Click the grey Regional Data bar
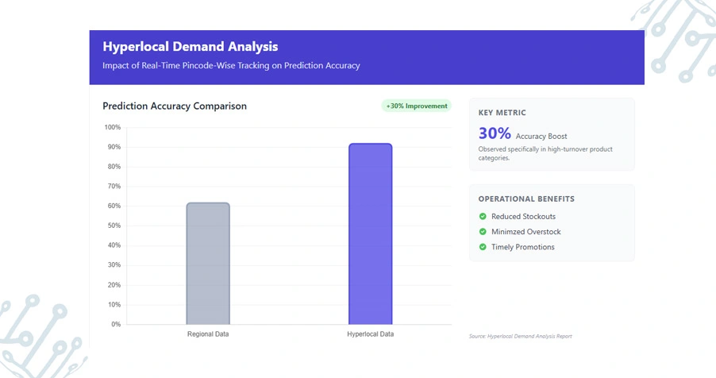(208, 264)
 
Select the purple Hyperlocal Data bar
(370, 234)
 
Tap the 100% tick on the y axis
(112, 128)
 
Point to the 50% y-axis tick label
(114, 226)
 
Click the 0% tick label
(115, 325)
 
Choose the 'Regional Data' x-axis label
(208, 334)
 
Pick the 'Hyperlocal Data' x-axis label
(370, 334)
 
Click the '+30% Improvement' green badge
(416, 106)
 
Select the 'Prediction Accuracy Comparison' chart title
(175, 106)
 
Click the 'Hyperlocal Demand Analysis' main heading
(191, 47)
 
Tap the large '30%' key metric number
(495, 133)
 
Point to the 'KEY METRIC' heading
(502, 113)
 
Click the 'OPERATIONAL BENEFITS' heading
(526, 199)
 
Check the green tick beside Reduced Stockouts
(483, 217)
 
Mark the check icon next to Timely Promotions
(483, 247)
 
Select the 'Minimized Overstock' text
(526, 232)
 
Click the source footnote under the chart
(520, 337)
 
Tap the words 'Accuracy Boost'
(541, 137)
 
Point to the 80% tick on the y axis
(114, 167)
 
